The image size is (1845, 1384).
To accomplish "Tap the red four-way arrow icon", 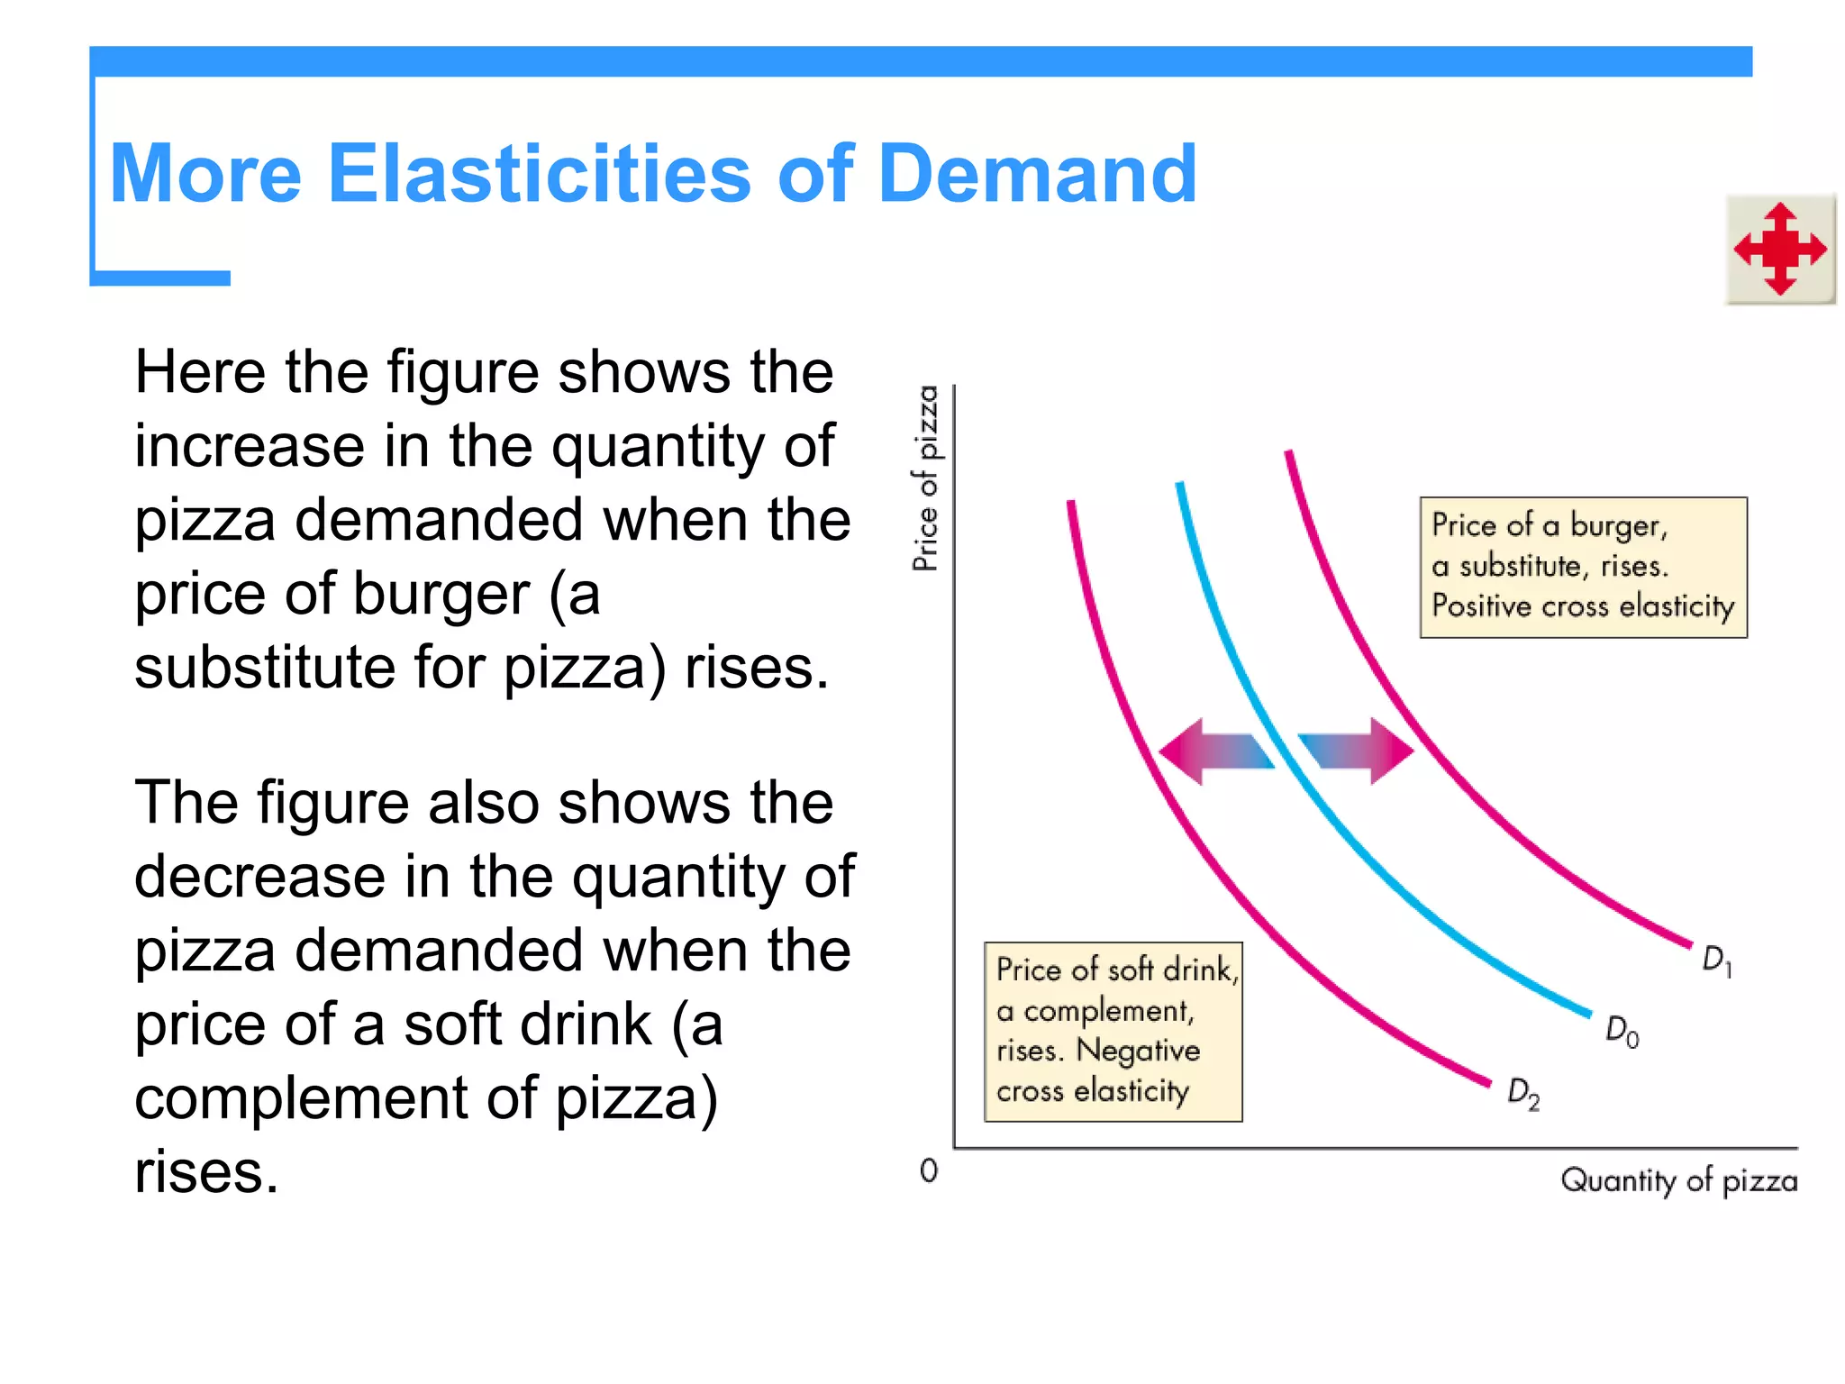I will [x=1780, y=249].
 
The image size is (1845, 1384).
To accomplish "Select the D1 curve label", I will [x=1716, y=961].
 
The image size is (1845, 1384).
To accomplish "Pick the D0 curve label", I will [x=1622, y=1031].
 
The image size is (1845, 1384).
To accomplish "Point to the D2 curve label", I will [x=1523, y=1093].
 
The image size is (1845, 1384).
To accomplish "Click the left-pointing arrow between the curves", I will [x=1212, y=751].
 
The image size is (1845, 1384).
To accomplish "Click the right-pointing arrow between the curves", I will [x=1360, y=751].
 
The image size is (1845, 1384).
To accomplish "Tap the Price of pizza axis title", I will [x=926, y=478].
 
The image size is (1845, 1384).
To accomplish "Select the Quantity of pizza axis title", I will [x=1678, y=1180].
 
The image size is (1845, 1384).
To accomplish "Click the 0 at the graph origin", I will [x=929, y=1170].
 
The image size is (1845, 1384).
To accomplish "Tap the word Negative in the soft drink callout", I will [x=1138, y=1051].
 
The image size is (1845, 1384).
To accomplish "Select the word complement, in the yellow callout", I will [x=1108, y=1011].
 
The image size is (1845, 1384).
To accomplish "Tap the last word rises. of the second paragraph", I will [x=206, y=1172].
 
